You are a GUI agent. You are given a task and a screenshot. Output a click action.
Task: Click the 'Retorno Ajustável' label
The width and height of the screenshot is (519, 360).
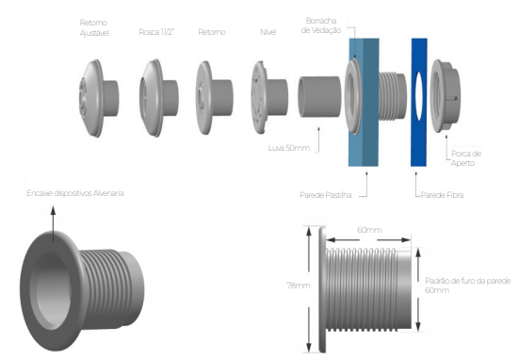click(x=94, y=28)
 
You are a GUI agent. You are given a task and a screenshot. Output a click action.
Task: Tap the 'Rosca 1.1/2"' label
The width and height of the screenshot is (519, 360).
click(x=156, y=32)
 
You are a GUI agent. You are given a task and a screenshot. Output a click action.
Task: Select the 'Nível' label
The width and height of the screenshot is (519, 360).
click(x=268, y=32)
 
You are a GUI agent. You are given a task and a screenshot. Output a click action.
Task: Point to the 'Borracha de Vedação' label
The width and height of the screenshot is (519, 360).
click(x=321, y=25)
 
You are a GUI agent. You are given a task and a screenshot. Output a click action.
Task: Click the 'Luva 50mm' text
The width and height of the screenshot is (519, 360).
click(x=289, y=148)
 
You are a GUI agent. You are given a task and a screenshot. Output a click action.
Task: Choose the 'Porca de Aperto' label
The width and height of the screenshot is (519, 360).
click(x=466, y=158)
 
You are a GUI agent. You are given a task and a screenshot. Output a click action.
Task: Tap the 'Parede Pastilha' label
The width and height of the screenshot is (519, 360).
click(x=325, y=195)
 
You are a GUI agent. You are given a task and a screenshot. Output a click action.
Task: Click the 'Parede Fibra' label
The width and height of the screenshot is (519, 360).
click(x=442, y=195)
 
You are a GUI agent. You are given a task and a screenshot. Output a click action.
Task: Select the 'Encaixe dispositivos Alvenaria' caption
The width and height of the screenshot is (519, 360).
click(x=75, y=193)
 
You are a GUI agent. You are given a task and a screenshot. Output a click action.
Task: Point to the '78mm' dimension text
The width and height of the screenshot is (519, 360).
click(x=299, y=286)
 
